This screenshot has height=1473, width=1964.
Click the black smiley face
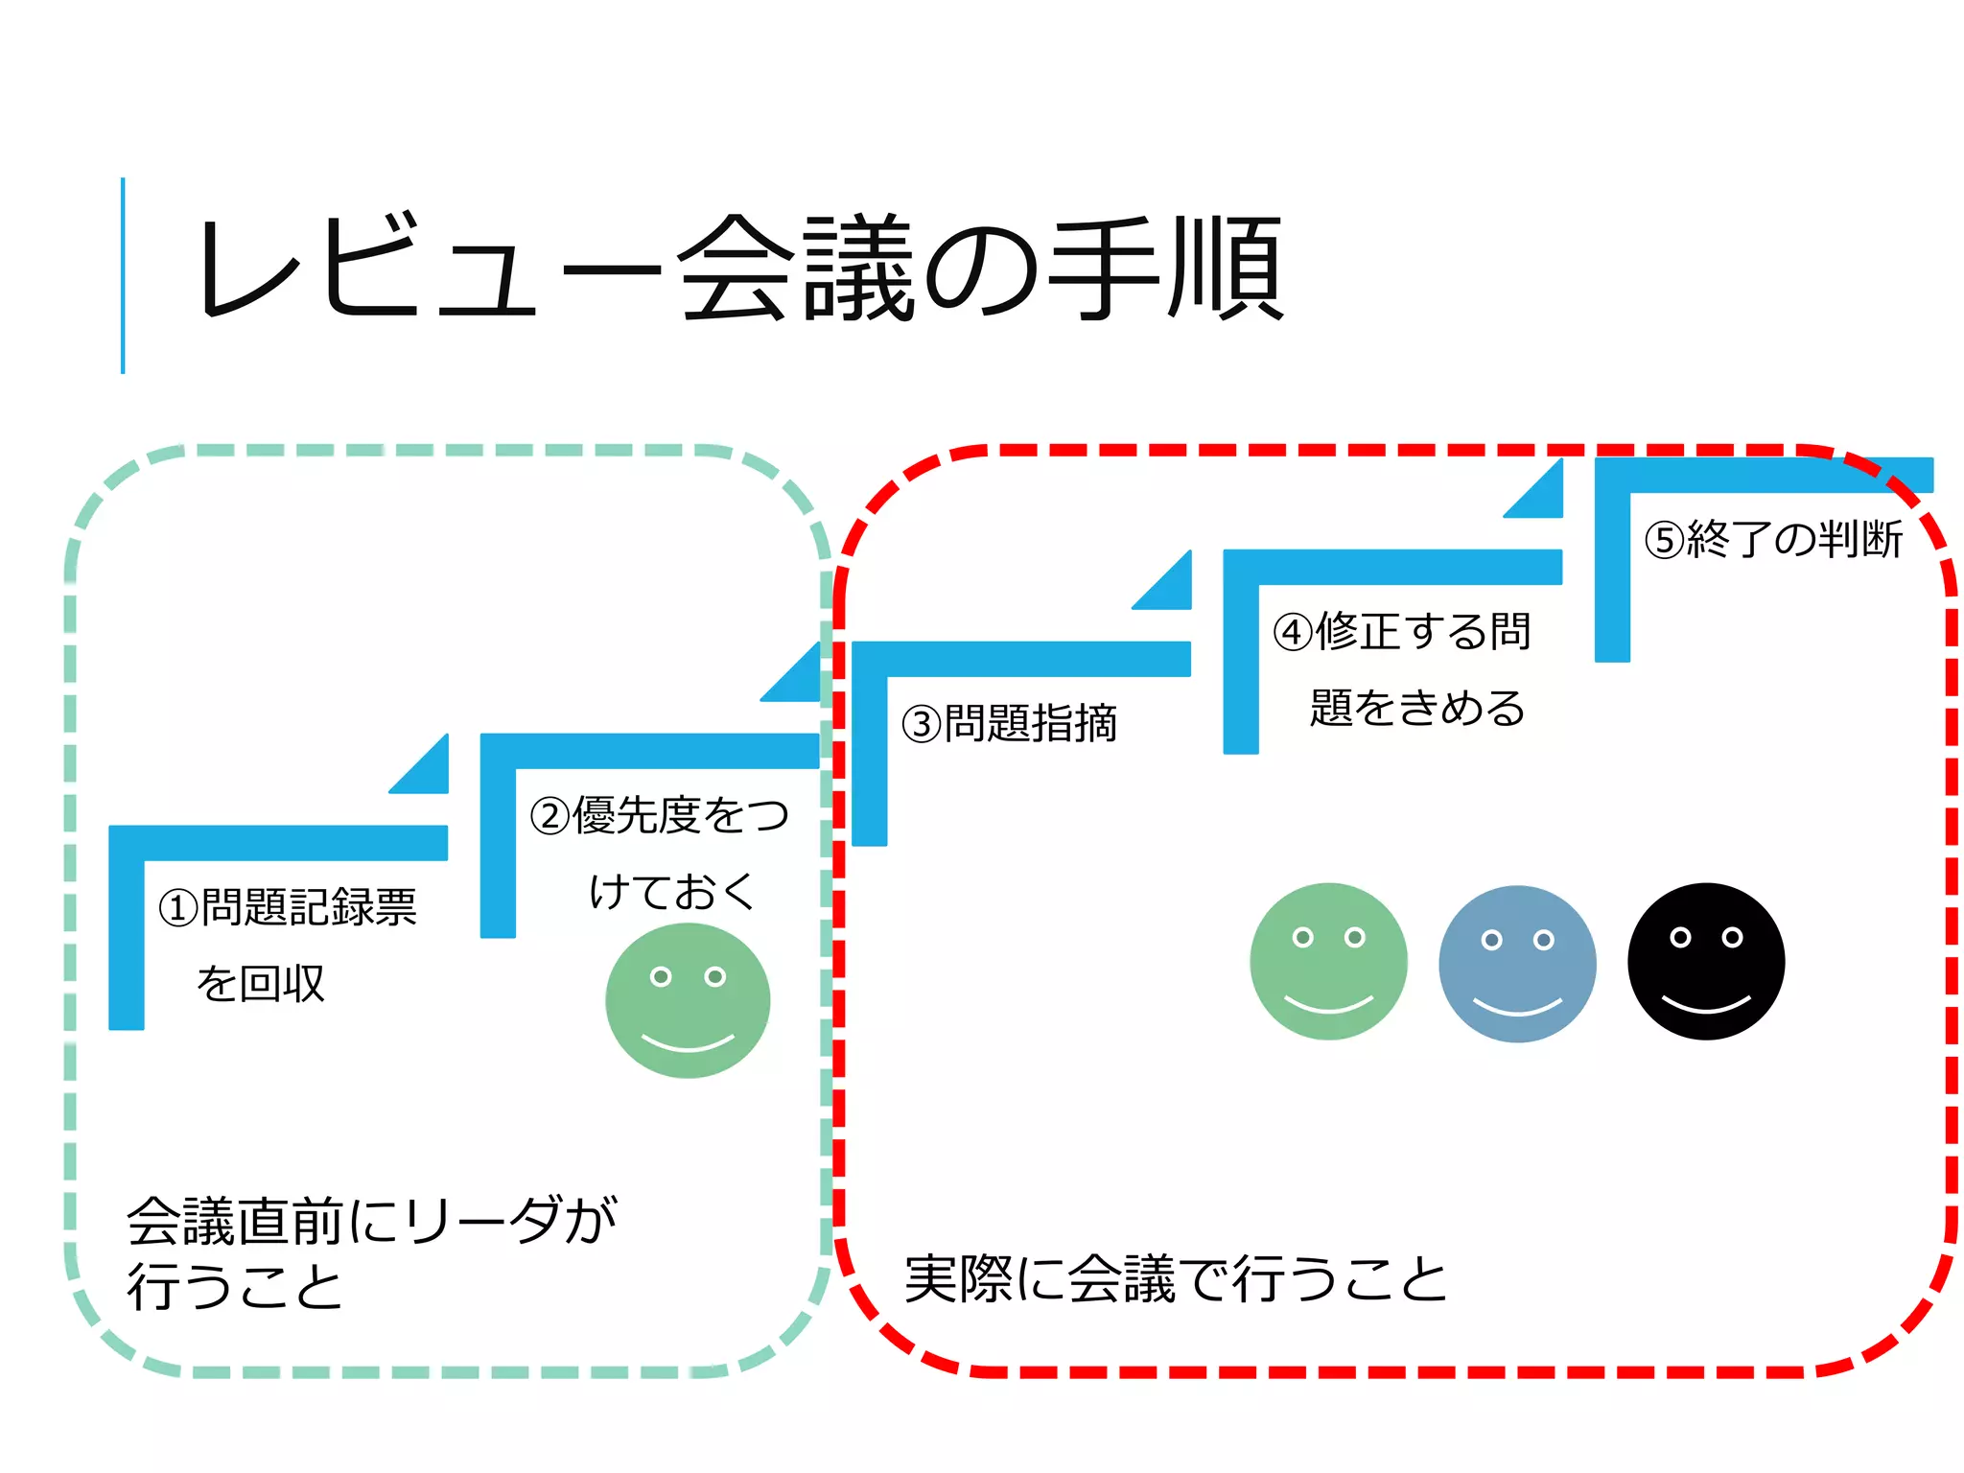pos(1706,962)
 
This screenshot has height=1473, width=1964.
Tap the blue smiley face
pos(1517,964)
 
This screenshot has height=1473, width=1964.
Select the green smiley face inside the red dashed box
pos(1328,962)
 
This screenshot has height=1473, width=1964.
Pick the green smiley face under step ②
pos(688,1000)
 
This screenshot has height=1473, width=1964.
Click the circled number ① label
pos(178,907)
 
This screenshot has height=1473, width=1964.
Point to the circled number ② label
pos(550,816)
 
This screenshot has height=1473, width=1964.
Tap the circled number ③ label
pos(922,724)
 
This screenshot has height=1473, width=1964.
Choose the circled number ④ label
pos(1293,632)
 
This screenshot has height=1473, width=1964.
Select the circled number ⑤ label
pos(1665,540)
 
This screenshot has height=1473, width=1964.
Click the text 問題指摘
pos(1032,724)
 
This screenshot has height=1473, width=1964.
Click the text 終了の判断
pos(1794,539)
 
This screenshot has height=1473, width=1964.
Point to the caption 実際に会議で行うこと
pos(1175,1279)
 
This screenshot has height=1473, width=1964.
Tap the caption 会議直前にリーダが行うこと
pos(370,1251)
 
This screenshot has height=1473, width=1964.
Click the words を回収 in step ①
pos(261,984)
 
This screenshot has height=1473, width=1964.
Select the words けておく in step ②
pos(672,892)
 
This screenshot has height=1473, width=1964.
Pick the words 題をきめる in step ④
pos(1416,709)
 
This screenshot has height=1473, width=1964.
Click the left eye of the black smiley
pos(1680,937)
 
